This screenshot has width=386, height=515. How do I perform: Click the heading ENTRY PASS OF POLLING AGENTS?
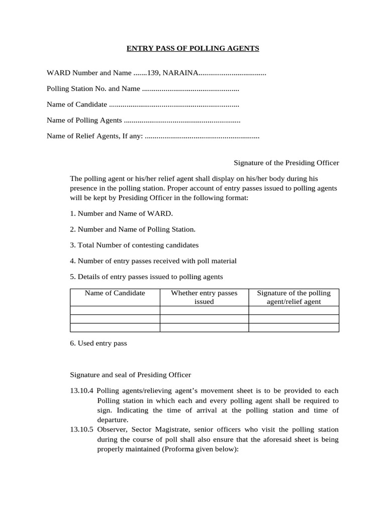tap(192, 49)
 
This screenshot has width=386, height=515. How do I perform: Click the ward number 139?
tap(152, 73)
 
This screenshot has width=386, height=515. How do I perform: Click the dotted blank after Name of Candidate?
tap(173, 105)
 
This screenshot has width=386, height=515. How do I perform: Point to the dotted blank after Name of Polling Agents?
tap(181, 121)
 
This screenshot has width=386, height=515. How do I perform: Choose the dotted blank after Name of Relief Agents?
tap(202, 136)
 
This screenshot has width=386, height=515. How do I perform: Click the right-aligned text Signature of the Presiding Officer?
tap(286, 163)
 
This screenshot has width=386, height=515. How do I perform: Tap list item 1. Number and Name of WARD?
tap(121, 214)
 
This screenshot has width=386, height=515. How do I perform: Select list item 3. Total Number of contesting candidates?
tap(134, 245)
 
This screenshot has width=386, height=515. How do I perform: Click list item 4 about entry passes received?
tap(153, 261)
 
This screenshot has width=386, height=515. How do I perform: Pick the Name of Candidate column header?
tap(115, 293)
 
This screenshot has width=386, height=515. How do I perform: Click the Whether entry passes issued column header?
tap(204, 297)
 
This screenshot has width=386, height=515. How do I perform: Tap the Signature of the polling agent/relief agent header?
tap(294, 297)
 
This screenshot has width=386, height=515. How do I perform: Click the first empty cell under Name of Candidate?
tap(115, 310)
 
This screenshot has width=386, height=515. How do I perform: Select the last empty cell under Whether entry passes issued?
tap(204, 328)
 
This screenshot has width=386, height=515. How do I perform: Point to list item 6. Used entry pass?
tap(99, 344)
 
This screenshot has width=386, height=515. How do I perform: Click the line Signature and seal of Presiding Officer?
tap(130, 375)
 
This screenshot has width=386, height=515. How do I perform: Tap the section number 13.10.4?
tap(81, 391)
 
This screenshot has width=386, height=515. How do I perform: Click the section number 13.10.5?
tap(81, 430)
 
